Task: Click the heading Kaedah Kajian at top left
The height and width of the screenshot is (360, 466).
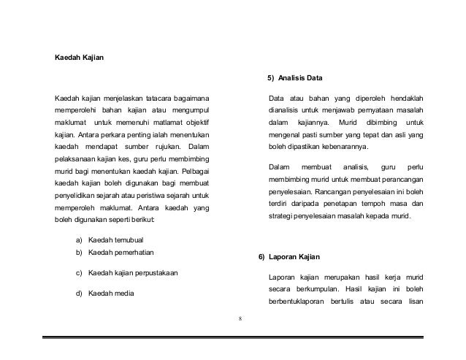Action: point(79,57)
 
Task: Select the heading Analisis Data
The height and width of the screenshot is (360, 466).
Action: point(298,78)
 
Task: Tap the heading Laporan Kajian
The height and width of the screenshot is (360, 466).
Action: point(293,258)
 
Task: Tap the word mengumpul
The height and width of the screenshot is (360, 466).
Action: point(188,110)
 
